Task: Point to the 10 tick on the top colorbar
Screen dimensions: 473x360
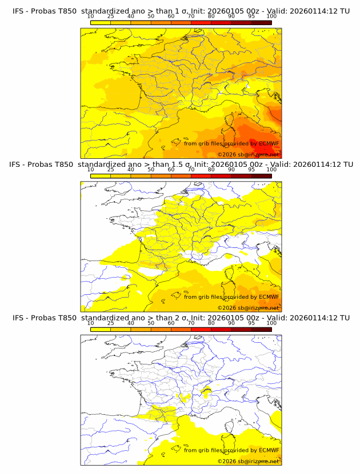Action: tap(91, 17)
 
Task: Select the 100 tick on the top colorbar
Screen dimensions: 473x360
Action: tap(271, 17)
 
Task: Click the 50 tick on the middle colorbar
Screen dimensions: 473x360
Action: tap(151, 170)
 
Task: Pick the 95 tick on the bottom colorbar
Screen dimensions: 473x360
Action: tap(251, 323)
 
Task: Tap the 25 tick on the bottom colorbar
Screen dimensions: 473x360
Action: tap(111, 323)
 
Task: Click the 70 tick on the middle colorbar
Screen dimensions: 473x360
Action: tap(191, 170)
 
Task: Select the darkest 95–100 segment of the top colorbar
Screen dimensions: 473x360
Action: tap(261, 22)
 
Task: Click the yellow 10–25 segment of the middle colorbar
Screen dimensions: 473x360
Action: tap(101, 176)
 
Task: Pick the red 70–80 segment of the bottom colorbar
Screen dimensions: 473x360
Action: tap(201, 329)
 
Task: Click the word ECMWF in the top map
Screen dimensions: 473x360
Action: tap(269, 143)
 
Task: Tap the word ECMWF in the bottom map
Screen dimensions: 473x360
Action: tap(269, 450)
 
